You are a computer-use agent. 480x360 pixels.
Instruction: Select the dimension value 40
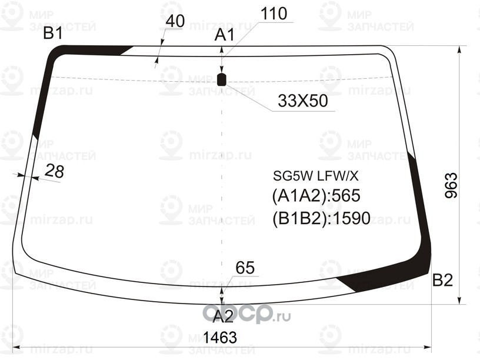click(x=175, y=21)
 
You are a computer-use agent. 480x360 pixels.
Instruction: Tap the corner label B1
click(x=53, y=34)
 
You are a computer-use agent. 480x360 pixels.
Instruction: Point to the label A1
click(x=224, y=35)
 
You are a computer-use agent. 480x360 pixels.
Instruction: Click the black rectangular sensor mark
click(x=222, y=79)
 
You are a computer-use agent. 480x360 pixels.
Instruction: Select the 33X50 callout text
click(x=302, y=101)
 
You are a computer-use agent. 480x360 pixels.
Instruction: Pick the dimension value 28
click(x=54, y=171)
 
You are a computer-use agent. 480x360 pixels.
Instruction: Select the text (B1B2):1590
click(x=321, y=218)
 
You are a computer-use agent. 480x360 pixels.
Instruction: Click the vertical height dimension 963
click(x=450, y=186)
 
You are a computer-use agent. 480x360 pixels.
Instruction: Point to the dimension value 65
click(x=245, y=268)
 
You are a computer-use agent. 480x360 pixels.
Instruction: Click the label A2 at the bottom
click(x=222, y=316)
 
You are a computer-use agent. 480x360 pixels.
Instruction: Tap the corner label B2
click(x=442, y=281)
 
